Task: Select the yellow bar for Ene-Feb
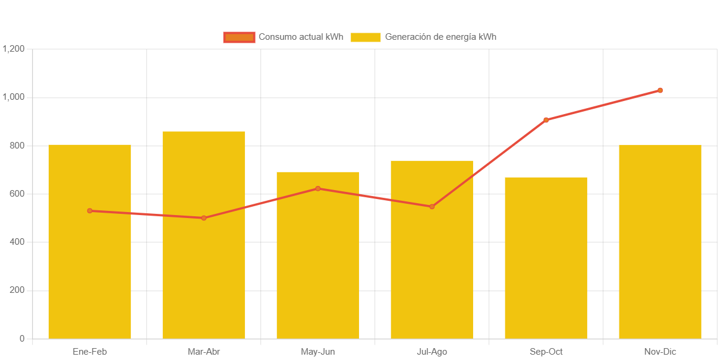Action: pyautogui.click(x=90, y=267)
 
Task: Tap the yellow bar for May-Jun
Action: pyautogui.click(x=318, y=267)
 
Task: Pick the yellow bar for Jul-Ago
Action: pyautogui.click(x=432, y=267)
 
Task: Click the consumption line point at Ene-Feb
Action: pyautogui.click(x=90, y=211)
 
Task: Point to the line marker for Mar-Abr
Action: pyautogui.click(x=204, y=218)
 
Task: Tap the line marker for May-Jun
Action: pyautogui.click(x=318, y=188)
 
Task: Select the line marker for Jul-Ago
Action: pyautogui.click(x=432, y=207)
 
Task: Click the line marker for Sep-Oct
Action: pyautogui.click(x=546, y=120)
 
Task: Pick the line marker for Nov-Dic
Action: pyautogui.click(x=660, y=90)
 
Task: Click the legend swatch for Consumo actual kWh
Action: pyautogui.click(x=239, y=37)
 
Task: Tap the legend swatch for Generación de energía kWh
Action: pyautogui.click(x=366, y=37)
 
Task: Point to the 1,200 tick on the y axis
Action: pyautogui.click(x=13, y=49)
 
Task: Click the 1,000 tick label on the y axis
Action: pyautogui.click(x=13, y=97)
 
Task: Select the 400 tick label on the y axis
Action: pyautogui.click(x=17, y=242)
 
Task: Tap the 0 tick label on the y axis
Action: pyautogui.click(x=22, y=339)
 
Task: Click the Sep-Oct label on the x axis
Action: pyautogui.click(x=546, y=352)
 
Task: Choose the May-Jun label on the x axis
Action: pyautogui.click(x=318, y=352)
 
